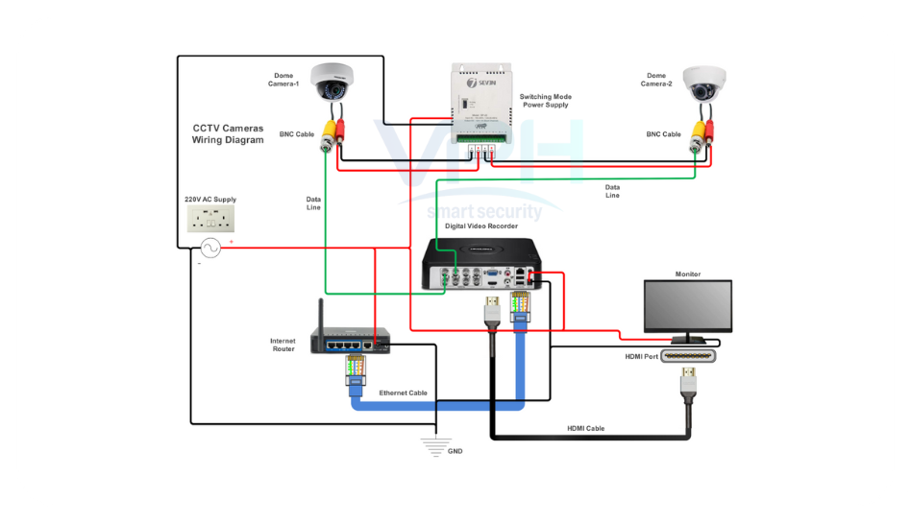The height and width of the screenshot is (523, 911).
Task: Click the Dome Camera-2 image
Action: pyautogui.click(x=704, y=85)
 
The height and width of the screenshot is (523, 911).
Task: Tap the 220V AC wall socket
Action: pyautogui.click(x=210, y=220)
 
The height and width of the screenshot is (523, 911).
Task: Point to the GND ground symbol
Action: pyautogui.click(x=437, y=442)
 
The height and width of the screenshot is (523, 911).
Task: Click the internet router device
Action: pyautogui.click(x=350, y=340)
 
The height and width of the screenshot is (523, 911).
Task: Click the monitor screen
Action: pyautogui.click(x=687, y=306)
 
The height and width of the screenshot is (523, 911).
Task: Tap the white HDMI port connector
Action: pyautogui.click(x=687, y=356)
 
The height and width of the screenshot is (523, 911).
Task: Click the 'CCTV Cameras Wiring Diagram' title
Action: pyautogui.click(x=228, y=133)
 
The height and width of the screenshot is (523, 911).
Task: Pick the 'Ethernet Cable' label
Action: pyautogui.click(x=404, y=392)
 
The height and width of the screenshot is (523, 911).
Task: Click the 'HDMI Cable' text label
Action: pyautogui.click(x=585, y=428)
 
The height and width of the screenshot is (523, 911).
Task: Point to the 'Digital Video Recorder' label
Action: pyautogui.click(x=481, y=226)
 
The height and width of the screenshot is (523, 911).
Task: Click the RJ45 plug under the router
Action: pyautogui.click(x=354, y=372)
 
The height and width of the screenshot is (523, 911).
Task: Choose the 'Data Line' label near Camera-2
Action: pyautogui.click(x=612, y=191)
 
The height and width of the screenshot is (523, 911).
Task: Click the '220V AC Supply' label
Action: pyautogui.click(x=210, y=200)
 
